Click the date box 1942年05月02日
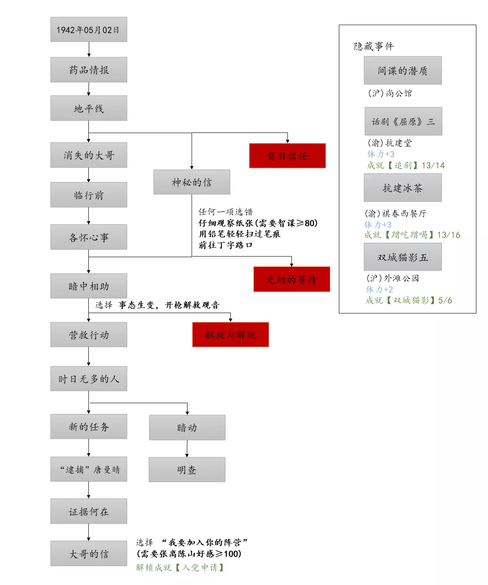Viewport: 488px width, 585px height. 88,30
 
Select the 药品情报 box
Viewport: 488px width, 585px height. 88,70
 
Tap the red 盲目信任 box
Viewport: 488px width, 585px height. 287,156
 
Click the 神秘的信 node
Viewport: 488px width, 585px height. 191,182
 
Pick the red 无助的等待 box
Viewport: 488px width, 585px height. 291,279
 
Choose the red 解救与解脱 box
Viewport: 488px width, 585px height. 230,335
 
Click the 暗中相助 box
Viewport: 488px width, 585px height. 88,286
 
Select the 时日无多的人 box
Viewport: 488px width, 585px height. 88,379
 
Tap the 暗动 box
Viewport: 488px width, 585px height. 187,428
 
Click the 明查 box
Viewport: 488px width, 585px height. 187,470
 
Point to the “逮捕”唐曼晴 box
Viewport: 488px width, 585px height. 88,469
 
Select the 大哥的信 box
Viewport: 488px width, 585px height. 88,554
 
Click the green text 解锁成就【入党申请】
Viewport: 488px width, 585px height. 180,567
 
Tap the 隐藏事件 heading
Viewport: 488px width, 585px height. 373,46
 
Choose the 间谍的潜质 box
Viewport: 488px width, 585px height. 402,71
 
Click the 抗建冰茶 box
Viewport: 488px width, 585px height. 402,188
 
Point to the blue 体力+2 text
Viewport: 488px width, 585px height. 379,289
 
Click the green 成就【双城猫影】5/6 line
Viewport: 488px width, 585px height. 409,300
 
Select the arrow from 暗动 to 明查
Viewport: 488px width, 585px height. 187,449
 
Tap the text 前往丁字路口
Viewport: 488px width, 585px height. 225,245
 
